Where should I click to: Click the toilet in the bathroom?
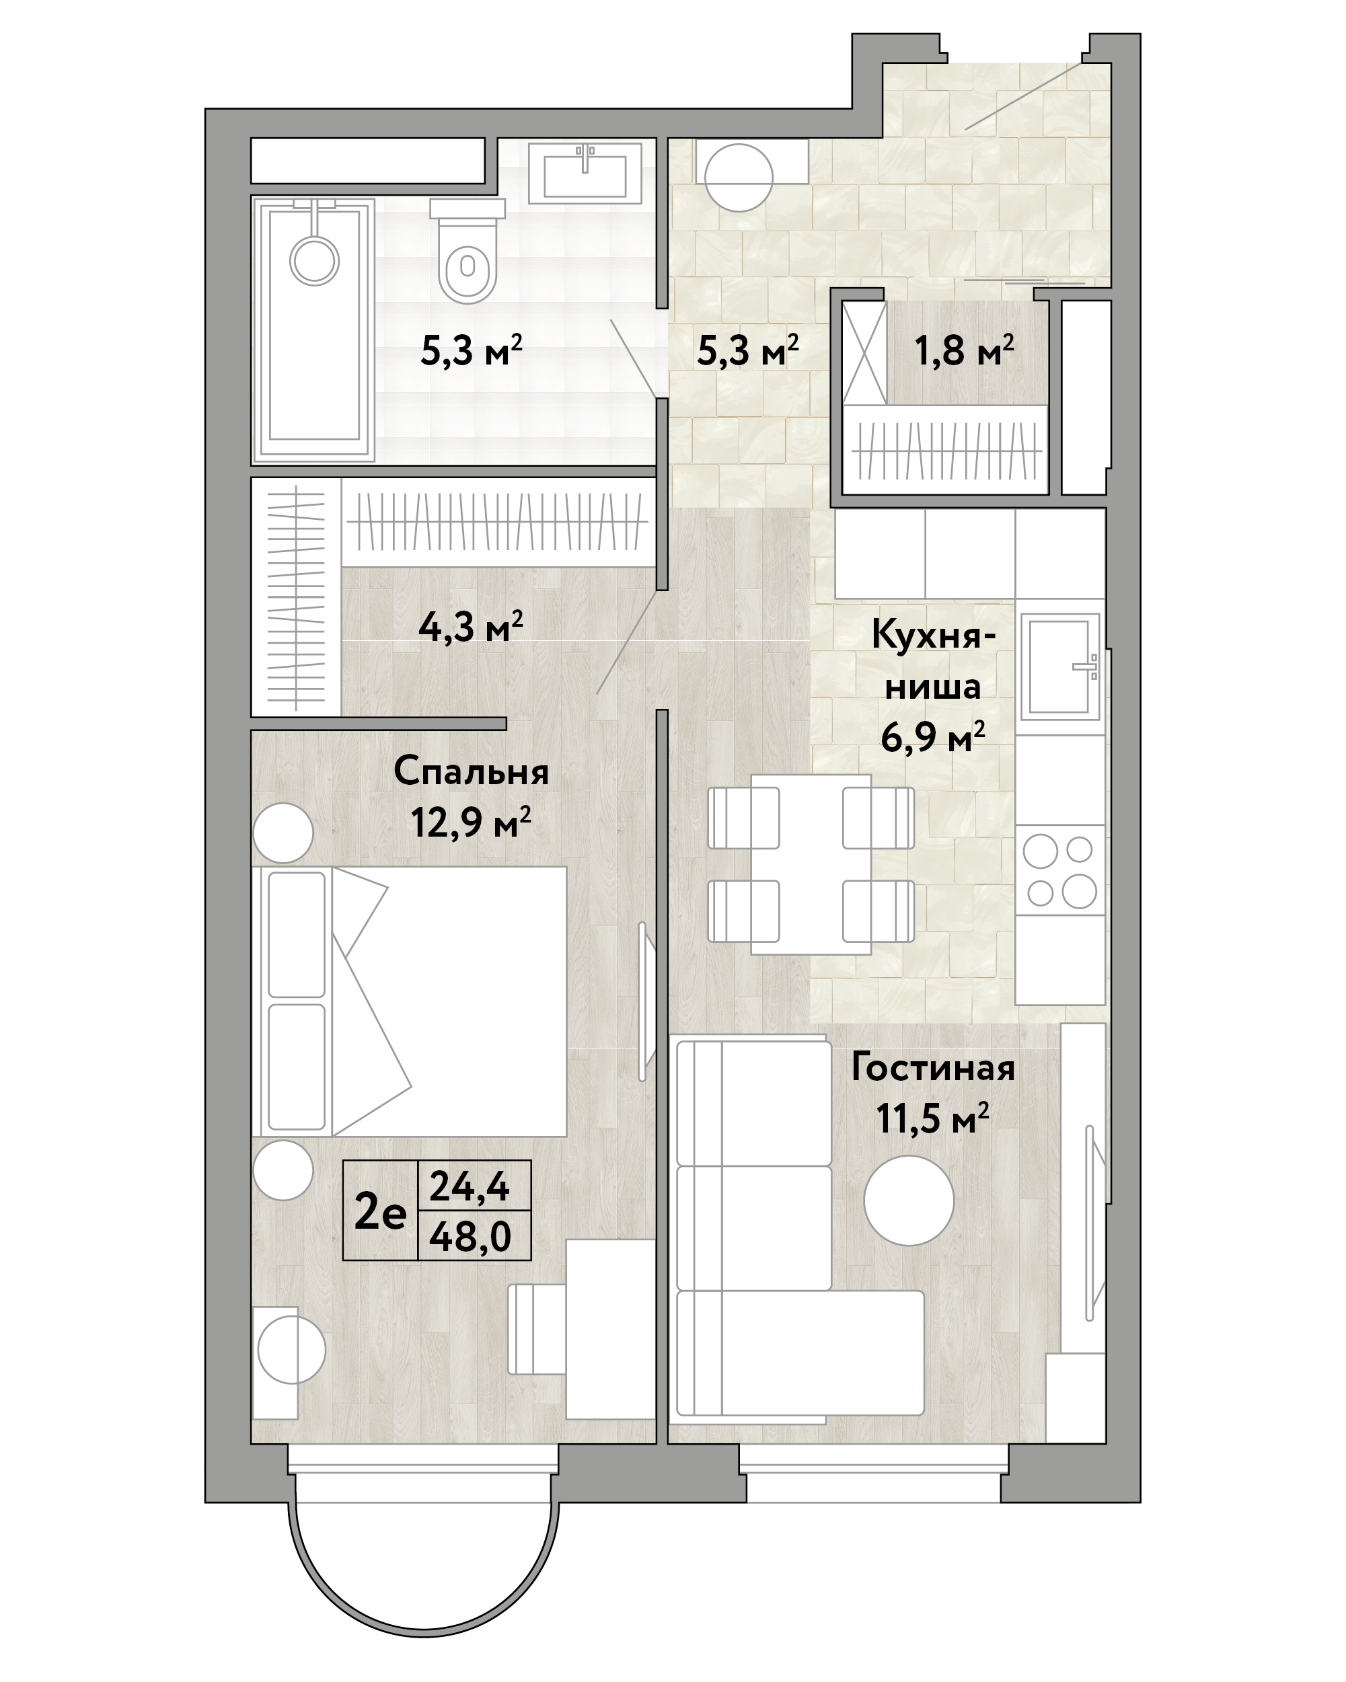click(x=468, y=250)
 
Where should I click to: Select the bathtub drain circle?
click(x=313, y=260)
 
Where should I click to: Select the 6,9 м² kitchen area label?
click(x=932, y=736)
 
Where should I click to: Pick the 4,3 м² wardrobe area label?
click(x=470, y=625)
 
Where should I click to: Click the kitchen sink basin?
click(x=1060, y=667)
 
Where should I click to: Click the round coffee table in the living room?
click(x=909, y=1200)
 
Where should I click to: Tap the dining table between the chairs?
click(x=811, y=864)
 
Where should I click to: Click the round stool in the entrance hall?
click(x=738, y=177)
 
